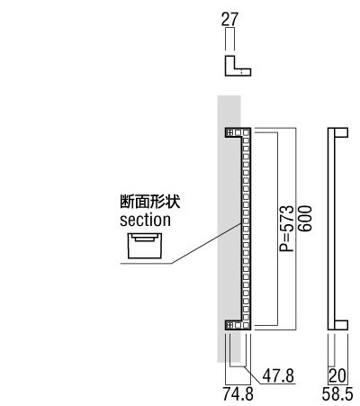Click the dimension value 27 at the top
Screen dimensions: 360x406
229,19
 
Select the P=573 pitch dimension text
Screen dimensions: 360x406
286,229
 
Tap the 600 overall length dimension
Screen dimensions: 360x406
305,218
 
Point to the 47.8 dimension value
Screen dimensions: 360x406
278,375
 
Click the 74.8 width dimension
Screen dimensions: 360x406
238,394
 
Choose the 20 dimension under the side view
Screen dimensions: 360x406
337,375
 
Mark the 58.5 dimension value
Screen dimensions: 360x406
337,394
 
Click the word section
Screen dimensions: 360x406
145,220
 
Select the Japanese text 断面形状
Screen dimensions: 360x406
150,202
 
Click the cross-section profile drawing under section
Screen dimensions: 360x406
145,246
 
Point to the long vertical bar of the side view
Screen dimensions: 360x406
331,229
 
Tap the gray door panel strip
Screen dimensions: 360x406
229,229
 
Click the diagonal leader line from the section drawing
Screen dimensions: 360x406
206,243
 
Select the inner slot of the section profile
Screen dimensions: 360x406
145,238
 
